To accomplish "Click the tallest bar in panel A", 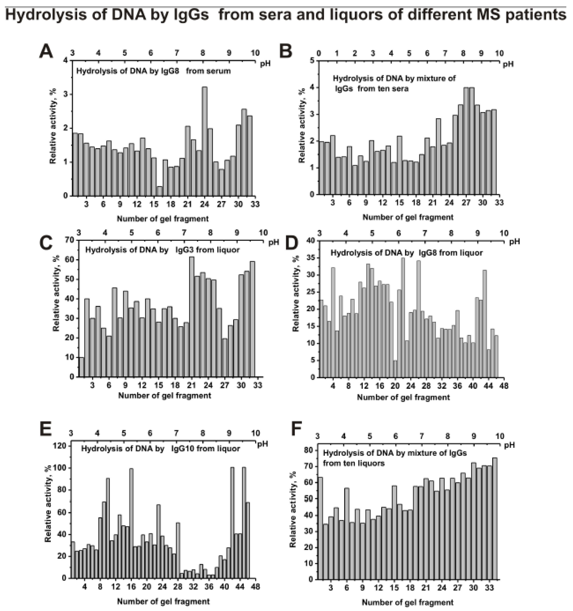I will [204, 141].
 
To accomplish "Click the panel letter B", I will [285, 51].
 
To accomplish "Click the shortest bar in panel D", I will [395, 369].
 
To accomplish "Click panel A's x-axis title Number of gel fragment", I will [163, 219].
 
